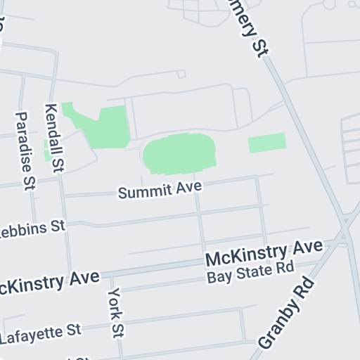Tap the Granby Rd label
pyautogui.click(x=286, y=313)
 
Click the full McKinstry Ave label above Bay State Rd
pyautogui.click(x=264, y=252)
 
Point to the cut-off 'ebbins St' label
pyautogui.click(x=32, y=229)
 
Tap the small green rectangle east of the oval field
pyautogui.click(x=267, y=143)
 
